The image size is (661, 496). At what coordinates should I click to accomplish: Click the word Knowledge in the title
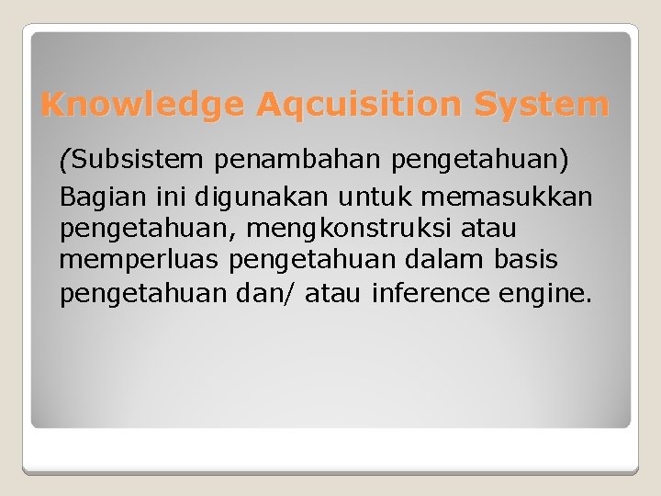pos(142,105)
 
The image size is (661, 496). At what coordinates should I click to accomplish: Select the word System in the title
pos(541,105)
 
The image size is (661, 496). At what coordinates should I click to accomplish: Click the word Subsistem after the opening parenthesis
pos(138,161)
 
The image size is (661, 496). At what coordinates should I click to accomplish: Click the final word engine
pos(549,295)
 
